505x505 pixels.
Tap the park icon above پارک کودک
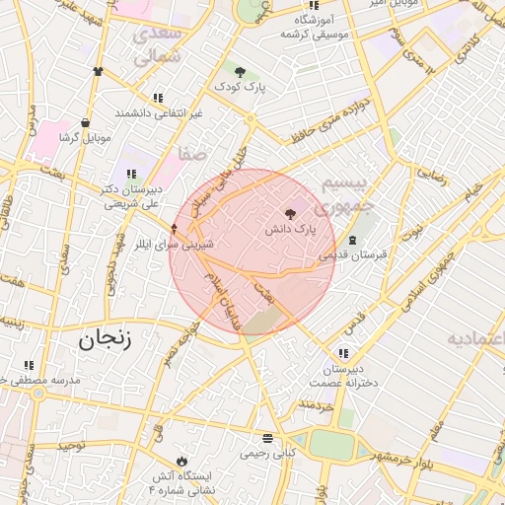tap(240, 70)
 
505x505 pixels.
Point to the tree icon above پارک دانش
tap(289, 213)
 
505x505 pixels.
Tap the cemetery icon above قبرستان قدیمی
tap(352, 240)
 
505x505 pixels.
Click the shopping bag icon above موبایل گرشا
tap(86, 123)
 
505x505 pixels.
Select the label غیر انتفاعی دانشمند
tap(157, 113)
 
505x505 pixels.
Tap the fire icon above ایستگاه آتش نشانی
tap(181, 461)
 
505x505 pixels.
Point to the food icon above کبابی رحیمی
tap(267, 438)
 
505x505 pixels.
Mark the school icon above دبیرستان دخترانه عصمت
tap(343, 353)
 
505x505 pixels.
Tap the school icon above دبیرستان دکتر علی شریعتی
tap(131, 174)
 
